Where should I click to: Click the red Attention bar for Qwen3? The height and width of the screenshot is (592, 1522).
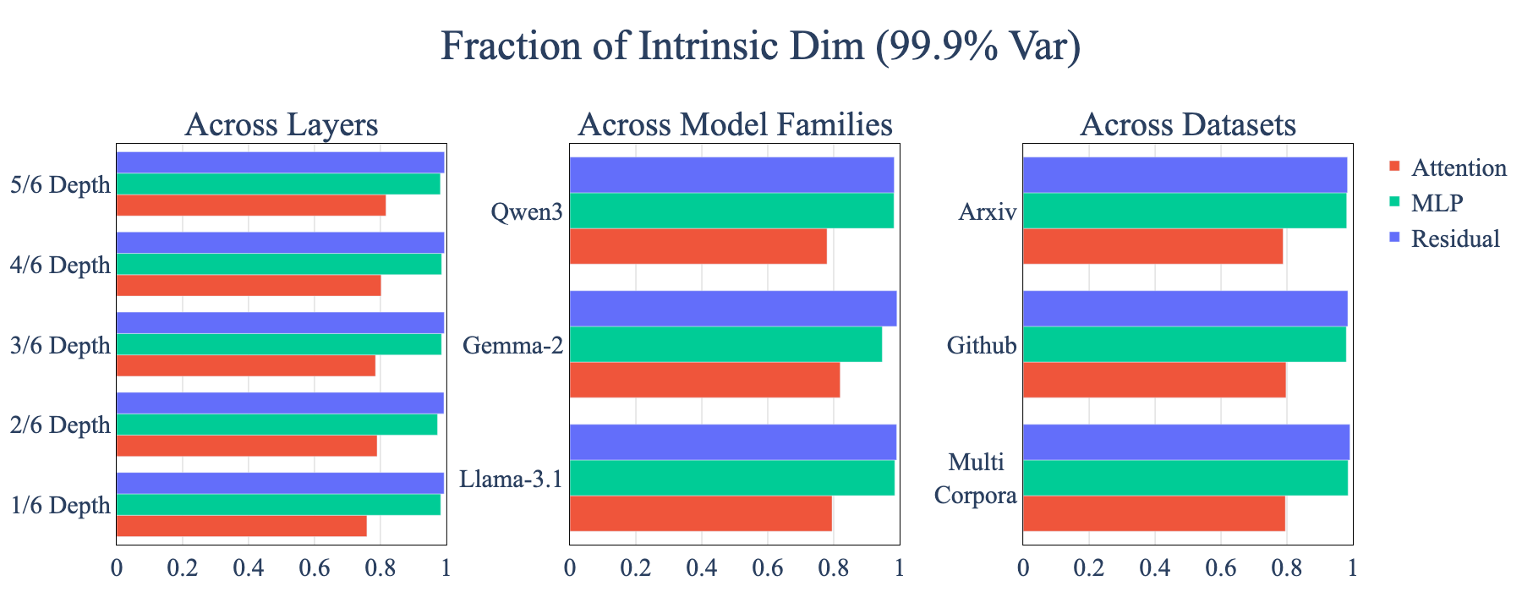698,246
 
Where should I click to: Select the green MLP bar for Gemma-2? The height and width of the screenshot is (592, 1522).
726,344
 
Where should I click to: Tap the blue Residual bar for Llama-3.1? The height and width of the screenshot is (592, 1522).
733,442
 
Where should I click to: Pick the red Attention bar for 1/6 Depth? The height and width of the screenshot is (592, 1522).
242,525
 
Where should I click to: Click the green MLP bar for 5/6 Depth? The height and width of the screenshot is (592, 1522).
278,184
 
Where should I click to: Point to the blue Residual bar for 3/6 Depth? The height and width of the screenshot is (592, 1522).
281,323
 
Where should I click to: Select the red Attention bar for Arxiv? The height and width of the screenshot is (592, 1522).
1153,246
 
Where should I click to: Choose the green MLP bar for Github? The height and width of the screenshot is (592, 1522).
1185,344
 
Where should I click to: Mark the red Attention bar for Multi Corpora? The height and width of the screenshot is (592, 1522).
1154,513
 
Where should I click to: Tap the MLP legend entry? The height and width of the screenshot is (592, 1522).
1426,203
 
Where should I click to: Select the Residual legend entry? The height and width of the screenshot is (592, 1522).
1445,238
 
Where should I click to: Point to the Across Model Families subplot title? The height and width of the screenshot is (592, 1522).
735,125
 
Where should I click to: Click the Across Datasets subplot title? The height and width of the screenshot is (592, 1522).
1188,125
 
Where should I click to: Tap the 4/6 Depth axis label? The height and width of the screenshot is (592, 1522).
60,265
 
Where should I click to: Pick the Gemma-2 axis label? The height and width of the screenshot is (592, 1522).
513,345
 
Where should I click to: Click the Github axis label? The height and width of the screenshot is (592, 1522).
982,345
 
